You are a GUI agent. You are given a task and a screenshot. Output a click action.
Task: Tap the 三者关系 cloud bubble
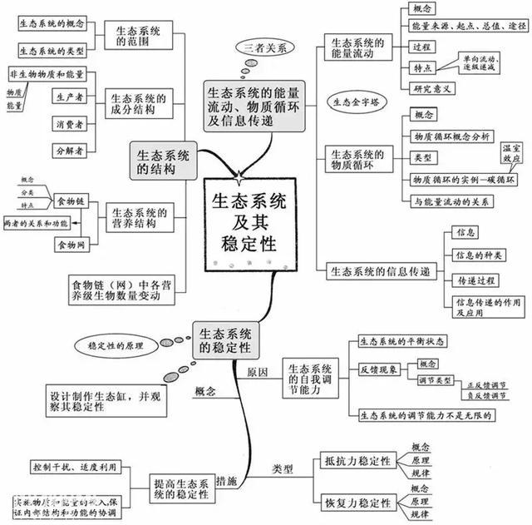tap(265, 47)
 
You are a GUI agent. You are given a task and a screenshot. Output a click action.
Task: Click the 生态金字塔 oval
tap(357, 103)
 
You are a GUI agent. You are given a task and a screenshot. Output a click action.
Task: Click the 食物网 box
tap(71, 245)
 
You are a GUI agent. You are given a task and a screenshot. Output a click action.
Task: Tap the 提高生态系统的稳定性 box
tap(182, 490)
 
